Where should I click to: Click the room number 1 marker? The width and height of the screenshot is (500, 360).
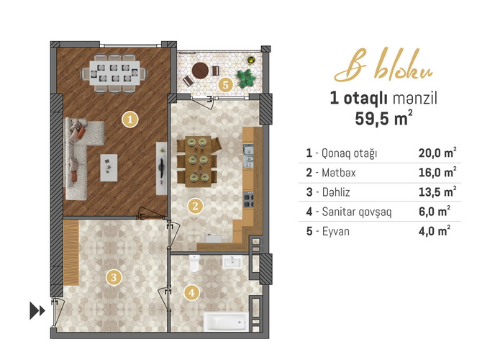pos(129,120)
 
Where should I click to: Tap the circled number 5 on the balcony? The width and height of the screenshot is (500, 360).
pos(225,85)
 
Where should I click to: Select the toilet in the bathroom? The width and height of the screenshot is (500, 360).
pos(194,263)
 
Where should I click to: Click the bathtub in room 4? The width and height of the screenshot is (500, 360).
pos(226,321)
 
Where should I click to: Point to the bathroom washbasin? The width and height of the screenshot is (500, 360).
pos(232,262)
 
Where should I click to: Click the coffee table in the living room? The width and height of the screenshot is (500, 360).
pos(109,168)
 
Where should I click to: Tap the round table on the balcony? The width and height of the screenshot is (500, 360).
pos(200,71)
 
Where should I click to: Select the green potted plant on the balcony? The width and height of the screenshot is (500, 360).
pos(246,78)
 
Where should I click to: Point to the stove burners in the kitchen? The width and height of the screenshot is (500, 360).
pos(248,200)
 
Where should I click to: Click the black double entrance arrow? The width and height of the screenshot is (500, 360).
pos(37,310)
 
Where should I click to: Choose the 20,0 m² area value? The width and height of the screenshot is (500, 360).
pos(437,153)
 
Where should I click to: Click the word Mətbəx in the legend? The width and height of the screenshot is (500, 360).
pos(338,173)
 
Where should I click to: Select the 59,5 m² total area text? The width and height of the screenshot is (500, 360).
pos(383,118)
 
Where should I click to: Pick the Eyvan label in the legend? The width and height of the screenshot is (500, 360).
pos(336,231)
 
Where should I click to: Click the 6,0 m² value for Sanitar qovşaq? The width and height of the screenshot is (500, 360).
pos(435,211)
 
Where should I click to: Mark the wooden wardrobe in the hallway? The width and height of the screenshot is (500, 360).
pos(71,252)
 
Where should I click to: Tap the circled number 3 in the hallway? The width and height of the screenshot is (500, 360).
pos(114,277)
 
